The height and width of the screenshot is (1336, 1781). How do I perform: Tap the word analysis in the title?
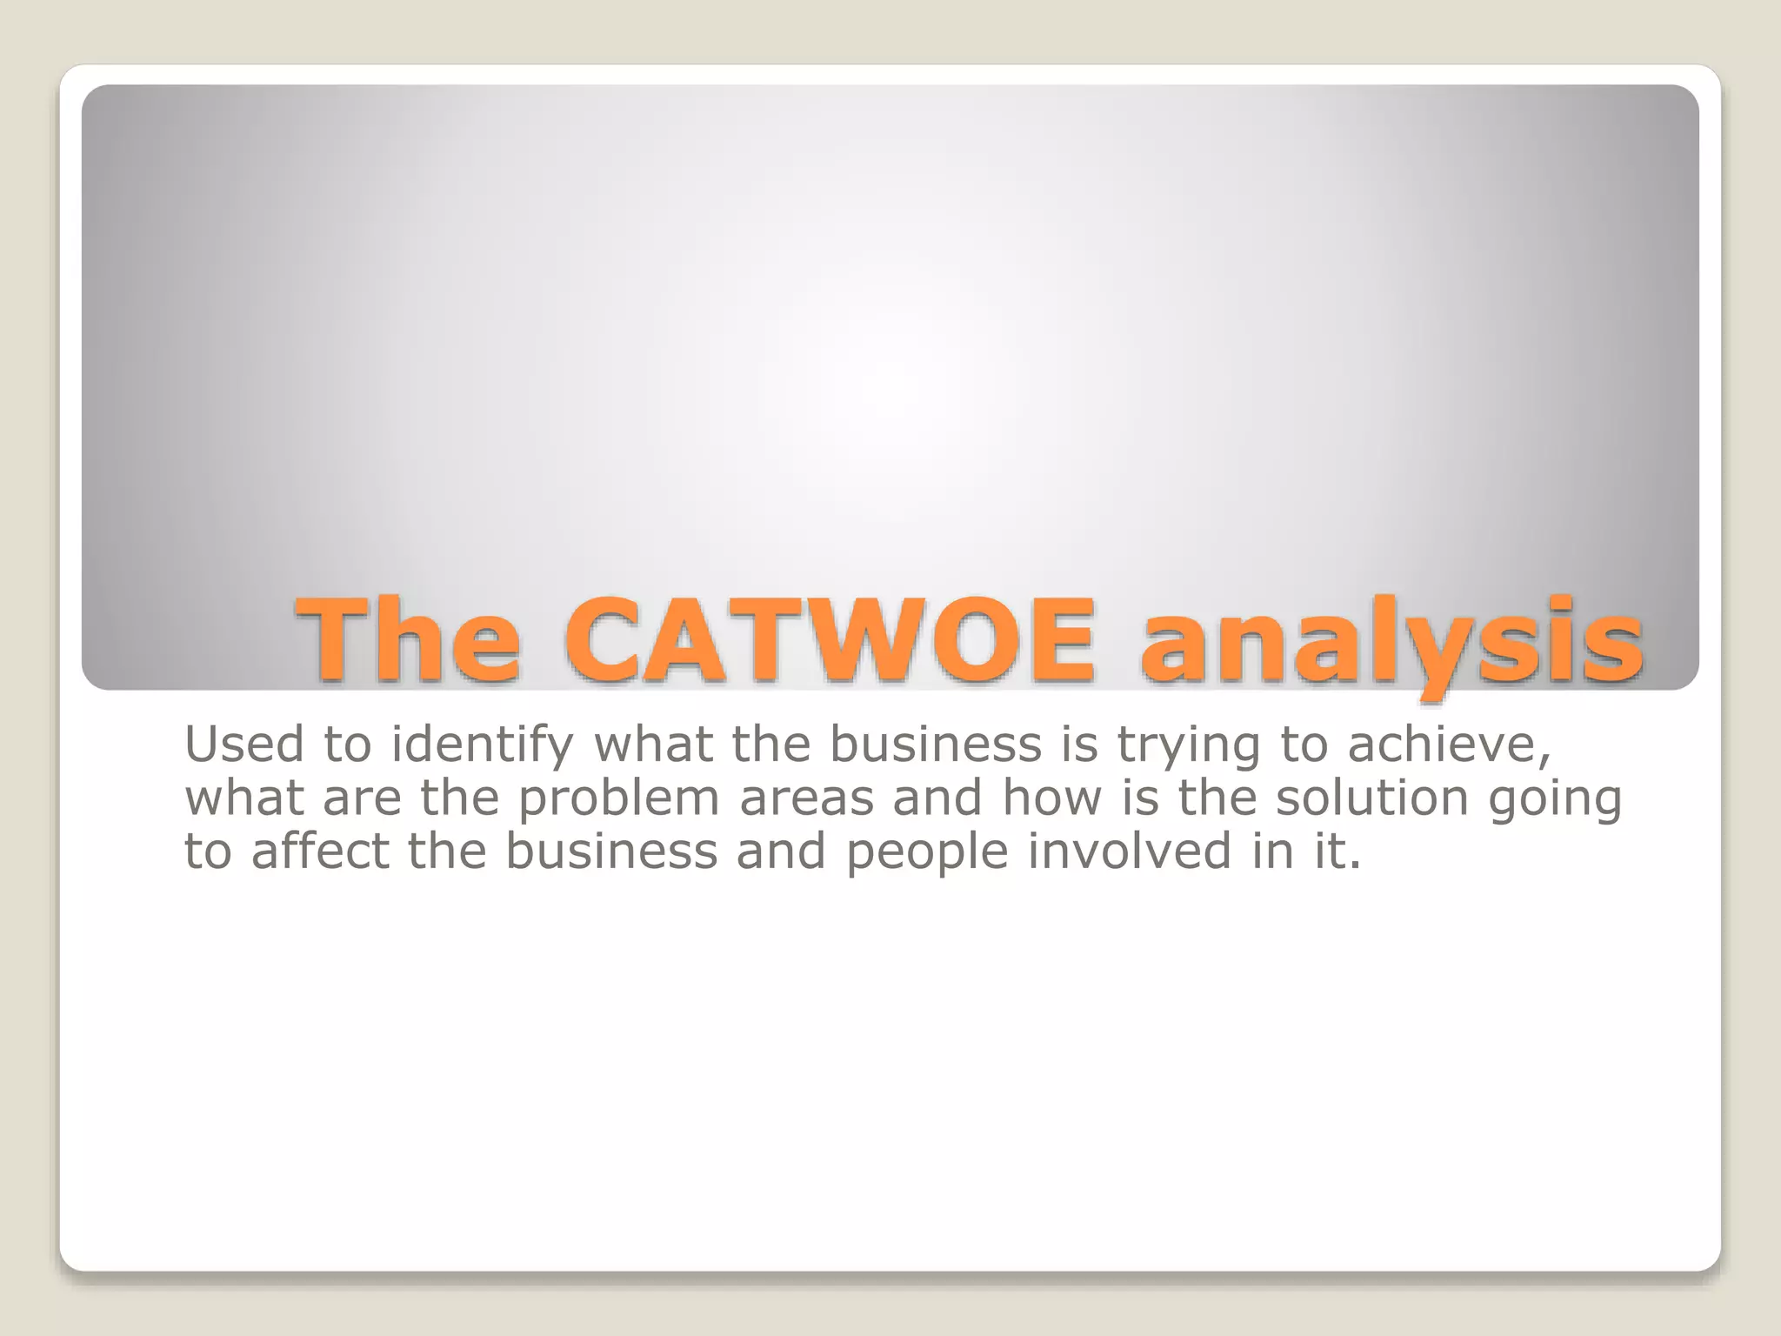click(x=1391, y=644)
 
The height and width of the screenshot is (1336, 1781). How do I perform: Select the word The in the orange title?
click(x=409, y=641)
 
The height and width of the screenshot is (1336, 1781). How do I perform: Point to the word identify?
click(x=482, y=746)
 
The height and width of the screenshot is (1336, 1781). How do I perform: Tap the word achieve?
click(x=1449, y=745)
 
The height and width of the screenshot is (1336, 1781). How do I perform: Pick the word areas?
click(x=806, y=798)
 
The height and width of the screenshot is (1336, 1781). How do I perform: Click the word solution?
click(x=1371, y=798)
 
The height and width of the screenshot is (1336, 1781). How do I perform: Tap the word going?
click(x=1555, y=800)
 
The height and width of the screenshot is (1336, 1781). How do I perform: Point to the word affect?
click(x=320, y=851)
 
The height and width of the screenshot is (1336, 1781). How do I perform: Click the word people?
click(x=926, y=853)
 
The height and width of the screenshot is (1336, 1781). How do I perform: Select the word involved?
click(x=1130, y=851)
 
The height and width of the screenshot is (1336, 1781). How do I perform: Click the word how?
click(x=1052, y=798)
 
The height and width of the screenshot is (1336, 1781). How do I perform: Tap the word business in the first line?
click(x=936, y=745)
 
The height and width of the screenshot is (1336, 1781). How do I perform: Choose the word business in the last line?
click(x=611, y=851)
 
